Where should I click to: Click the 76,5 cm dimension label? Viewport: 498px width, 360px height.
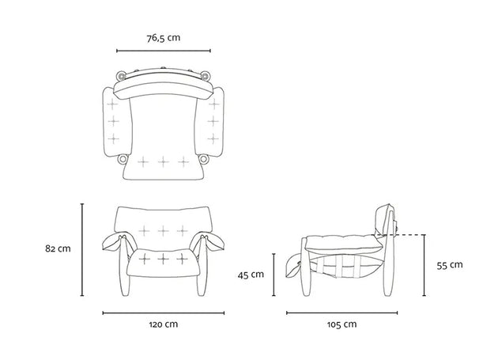coord(164,38)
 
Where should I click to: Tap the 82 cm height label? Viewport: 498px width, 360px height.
coord(58,248)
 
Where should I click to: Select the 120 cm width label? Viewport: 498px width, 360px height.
coord(164,324)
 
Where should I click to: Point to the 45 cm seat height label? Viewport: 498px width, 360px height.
coord(251,275)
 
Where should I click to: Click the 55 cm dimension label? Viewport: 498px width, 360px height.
coord(450,265)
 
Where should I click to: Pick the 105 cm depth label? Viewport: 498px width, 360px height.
coord(341,324)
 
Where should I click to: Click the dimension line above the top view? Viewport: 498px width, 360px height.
coord(164,51)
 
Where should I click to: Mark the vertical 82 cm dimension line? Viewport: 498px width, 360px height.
coord(82,250)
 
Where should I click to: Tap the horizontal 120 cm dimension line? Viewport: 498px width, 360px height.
coord(164,313)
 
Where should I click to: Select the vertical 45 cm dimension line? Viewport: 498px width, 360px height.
coord(274,275)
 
